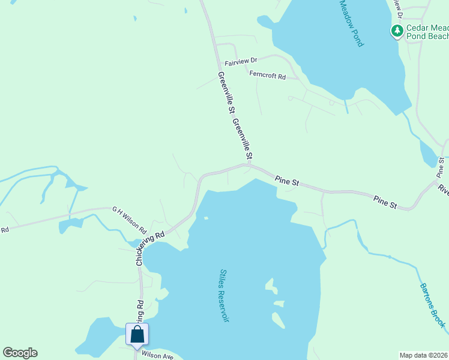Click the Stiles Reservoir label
pyautogui.click(x=224, y=295)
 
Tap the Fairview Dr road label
pyautogui.click(x=240, y=61)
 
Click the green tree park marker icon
pyautogui.click(x=396, y=31)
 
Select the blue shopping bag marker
pyautogui.click(x=137, y=335)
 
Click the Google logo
pyautogui.click(x=20, y=353)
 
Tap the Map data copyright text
pyautogui.click(x=424, y=355)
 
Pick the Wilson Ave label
pyautogui.click(x=157, y=356)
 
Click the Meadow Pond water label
pyautogui.click(x=352, y=23)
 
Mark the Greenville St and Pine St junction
pyautogui.click(x=249, y=164)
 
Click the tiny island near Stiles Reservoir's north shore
pyautogui.click(x=206, y=218)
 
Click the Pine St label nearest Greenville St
pyautogui.click(x=287, y=179)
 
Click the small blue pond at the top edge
pyautogui.click(x=134, y=19)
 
